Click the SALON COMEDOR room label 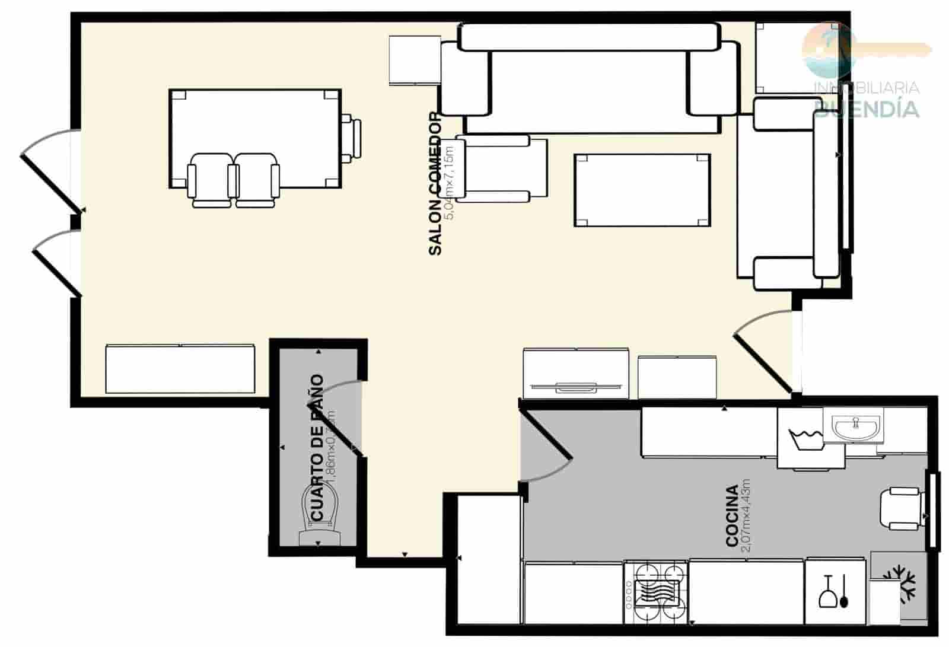[x=435, y=184]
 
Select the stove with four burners [x=655, y=592]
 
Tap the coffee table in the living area [x=642, y=190]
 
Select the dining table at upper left [x=255, y=138]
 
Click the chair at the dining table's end [x=352, y=138]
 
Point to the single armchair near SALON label [x=501, y=168]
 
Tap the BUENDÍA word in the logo [x=867, y=109]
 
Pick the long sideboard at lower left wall [x=181, y=369]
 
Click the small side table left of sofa [x=415, y=60]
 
